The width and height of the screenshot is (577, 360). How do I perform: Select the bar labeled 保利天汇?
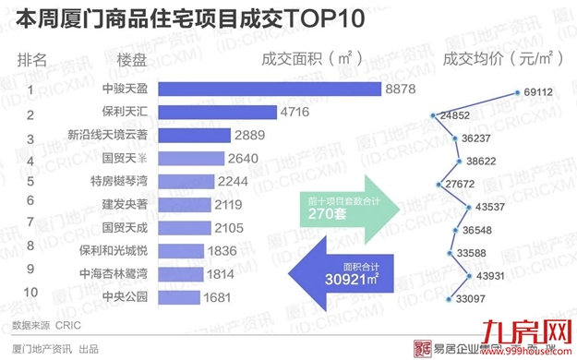point(218,113)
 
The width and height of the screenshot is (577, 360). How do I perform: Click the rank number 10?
point(30,293)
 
